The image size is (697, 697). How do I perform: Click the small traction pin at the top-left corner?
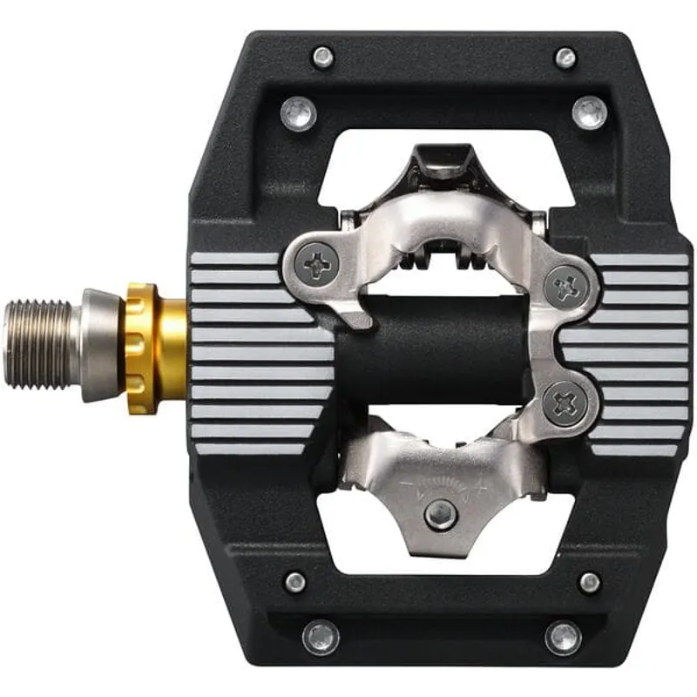point(323,58)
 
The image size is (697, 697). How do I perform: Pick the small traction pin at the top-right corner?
point(565,58)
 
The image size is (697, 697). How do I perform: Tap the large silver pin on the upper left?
point(299,113)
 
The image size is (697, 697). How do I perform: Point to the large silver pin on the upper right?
point(590,113)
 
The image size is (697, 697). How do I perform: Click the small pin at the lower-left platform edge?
point(295,582)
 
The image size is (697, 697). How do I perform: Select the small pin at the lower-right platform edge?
point(590,582)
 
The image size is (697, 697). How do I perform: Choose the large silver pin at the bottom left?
point(320,637)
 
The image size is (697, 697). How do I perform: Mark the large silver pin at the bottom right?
point(563,637)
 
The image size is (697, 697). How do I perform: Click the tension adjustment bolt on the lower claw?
point(442,515)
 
